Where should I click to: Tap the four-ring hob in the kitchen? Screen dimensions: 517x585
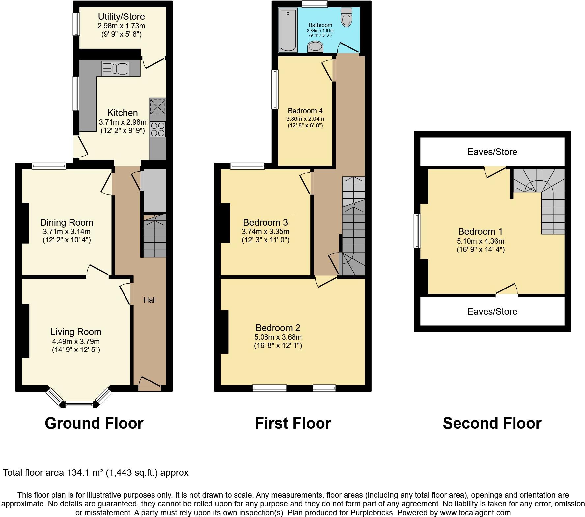coord(157,129)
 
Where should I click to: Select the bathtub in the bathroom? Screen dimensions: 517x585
coord(288,30)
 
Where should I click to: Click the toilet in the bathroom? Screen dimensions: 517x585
coord(346,17)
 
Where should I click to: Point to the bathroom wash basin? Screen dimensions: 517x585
coord(315,47)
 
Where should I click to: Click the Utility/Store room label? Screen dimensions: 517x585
coord(121,17)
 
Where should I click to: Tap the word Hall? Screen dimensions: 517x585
coord(150,300)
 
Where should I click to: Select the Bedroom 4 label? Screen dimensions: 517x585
coord(305,111)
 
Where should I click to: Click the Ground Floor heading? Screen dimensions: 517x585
coord(94,423)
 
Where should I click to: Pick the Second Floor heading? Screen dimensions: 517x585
coord(492,423)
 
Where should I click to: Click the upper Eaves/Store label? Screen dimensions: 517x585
coord(492,152)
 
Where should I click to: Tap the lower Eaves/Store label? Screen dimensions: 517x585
coord(492,312)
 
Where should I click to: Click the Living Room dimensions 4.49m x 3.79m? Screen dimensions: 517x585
coord(76,341)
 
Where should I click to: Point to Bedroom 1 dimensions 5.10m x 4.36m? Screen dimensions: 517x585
coord(480,241)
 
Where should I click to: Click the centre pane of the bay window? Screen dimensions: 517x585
coord(79,404)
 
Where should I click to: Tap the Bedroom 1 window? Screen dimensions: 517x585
coord(417,230)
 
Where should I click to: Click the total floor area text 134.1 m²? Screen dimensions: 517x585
coord(96,473)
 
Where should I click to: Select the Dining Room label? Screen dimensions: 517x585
coord(67,223)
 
